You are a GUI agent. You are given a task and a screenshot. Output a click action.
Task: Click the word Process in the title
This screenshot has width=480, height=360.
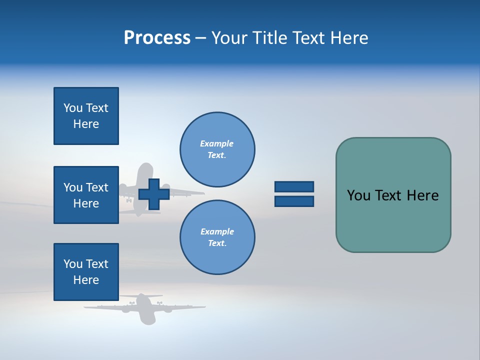point(157,38)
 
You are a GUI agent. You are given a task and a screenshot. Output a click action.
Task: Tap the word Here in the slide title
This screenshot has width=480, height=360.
point(349,38)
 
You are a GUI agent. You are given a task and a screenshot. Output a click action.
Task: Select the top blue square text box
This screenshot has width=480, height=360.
point(86,116)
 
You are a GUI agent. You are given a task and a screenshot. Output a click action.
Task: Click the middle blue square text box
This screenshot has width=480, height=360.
point(86,195)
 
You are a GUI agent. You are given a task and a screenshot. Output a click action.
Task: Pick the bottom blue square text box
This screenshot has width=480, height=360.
point(86,272)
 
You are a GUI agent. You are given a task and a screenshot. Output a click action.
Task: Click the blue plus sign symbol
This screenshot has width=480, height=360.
point(154,194)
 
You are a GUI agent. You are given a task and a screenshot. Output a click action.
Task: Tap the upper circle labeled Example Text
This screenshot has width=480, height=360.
point(217,149)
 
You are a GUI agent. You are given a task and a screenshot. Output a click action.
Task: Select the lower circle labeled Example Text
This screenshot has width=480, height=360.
point(217,237)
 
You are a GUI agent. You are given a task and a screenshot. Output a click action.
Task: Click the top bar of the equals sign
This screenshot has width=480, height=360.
point(294,186)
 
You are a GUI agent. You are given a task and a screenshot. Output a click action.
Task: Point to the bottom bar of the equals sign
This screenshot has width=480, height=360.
point(294,201)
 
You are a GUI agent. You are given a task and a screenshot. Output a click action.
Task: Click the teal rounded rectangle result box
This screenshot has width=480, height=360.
point(393,220)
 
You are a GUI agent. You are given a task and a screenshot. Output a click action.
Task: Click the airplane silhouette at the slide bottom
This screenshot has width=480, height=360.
point(144,307)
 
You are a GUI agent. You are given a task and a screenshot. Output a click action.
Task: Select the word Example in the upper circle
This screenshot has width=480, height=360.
point(217,143)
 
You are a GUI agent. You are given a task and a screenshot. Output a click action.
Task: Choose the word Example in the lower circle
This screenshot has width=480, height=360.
point(217,231)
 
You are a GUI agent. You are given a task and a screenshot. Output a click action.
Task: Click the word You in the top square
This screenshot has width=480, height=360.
point(73,108)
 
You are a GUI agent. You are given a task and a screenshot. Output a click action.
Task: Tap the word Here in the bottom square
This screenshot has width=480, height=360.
point(86,280)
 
